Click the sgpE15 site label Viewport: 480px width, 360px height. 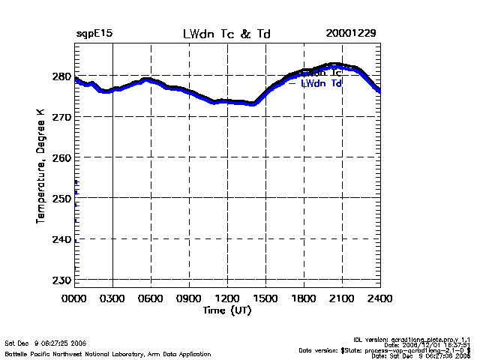(x=94, y=34)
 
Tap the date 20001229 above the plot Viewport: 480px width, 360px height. (x=351, y=34)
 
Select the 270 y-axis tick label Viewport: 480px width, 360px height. (x=61, y=117)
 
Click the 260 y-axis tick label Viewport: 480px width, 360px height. (x=61, y=157)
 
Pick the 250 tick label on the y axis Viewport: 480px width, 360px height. (x=61, y=198)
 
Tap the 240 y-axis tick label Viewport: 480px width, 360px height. (x=61, y=239)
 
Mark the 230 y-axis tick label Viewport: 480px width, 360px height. (x=61, y=280)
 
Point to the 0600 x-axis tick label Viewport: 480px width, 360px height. (x=151, y=298)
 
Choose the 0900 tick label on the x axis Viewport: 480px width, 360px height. (x=190, y=298)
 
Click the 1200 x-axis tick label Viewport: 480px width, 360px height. (x=228, y=298)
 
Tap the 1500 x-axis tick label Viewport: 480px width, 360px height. (x=266, y=298)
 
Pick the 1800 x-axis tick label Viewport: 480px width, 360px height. (x=304, y=298)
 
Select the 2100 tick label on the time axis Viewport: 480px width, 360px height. (x=343, y=298)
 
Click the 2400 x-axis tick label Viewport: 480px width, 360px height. (x=380, y=298)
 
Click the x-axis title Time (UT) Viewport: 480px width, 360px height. (x=226, y=310)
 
